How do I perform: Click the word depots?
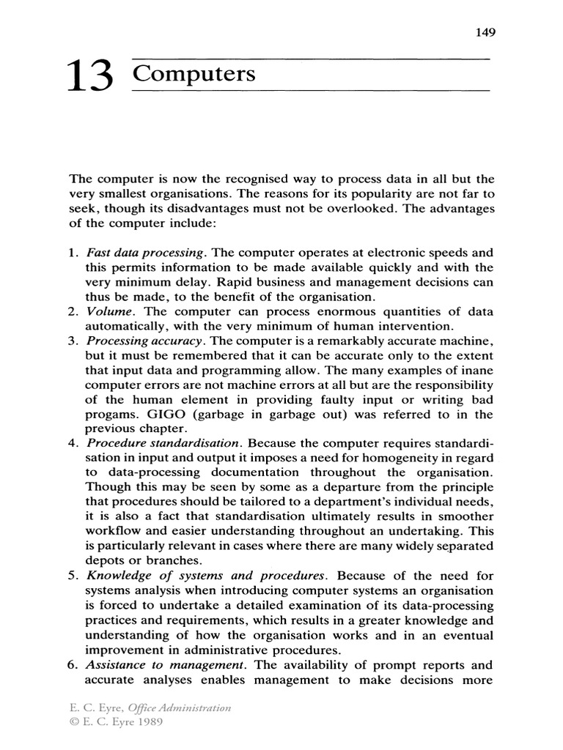pos(106,561)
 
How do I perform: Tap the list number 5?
pos(73,576)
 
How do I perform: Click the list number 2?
pos(73,312)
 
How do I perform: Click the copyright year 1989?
pos(150,721)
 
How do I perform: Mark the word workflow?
pos(114,532)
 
